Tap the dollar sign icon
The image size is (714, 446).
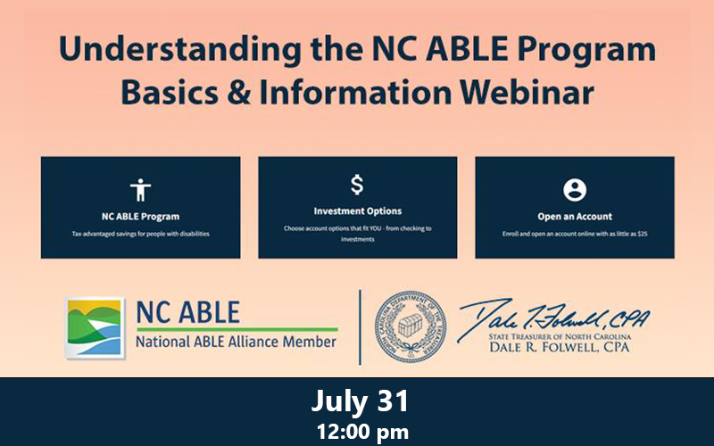click(357, 186)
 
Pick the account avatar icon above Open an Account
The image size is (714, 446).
click(574, 190)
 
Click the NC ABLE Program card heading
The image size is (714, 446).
click(140, 216)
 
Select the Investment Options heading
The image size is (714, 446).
click(357, 211)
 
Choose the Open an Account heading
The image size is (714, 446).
click(574, 216)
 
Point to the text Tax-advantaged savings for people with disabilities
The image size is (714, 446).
click(140, 235)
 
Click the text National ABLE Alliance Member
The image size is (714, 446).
click(236, 342)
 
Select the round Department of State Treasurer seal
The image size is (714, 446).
click(410, 326)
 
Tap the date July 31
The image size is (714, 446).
click(359, 401)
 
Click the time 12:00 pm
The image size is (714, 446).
click(359, 432)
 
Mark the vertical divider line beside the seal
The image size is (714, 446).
click(360, 326)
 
